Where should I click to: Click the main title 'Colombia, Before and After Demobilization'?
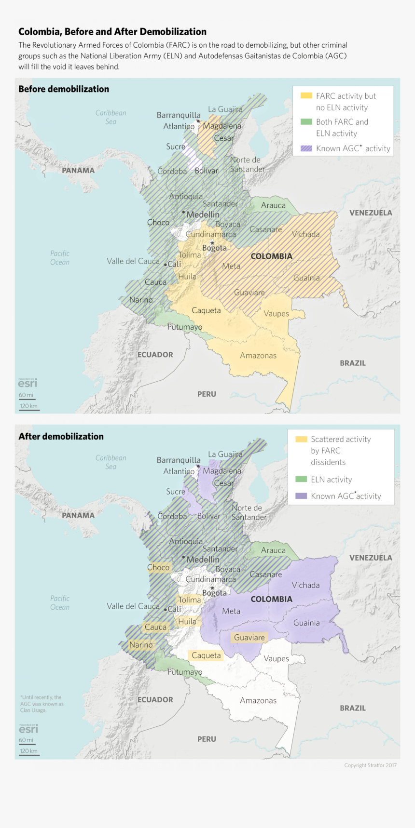pyautogui.click(x=112, y=32)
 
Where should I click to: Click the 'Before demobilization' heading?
pyautogui.click(x=64, y=89)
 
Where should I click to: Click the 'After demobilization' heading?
pyautogui.click(x=61, y=437)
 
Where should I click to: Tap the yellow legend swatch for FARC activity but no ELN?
pyautogui.click(x=306, y=96)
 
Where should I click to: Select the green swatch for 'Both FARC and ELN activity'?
pyautogui.click(x=306, y=122)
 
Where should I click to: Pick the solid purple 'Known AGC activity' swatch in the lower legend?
pyautogui.click(x=301, y=496)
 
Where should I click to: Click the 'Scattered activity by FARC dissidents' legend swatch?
pyautogui.click(x=301, y=439)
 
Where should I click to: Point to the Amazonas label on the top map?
pyautogui.click(x=258, y=356)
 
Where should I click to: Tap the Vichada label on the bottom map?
pyautogui.click(x=305, y=585)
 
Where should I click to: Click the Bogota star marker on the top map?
pyautogui.click(x=212, y=242)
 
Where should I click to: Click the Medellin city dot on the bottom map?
pyautogui.click(x=183, y=557)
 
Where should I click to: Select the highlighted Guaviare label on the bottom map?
pyautogui.click(x=249, y=638)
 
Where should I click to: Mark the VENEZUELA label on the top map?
pyautogui.click(x=371, y=213)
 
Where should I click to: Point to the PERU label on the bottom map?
pyautogui.click(x=207, y=739)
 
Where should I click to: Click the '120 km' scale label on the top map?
pyautogui.click(x=28, y=406)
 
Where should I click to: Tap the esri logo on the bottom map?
pyautogui.click(x=28, y=729)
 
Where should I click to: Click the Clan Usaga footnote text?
pyautogui.click(x=41, y=704)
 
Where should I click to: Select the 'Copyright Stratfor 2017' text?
pyautogui.click(x=370, y=765)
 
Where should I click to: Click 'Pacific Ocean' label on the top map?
pyautogui.click(x=60, y=258)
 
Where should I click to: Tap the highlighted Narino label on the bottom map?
pyautogui.click(x=141, y=645)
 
